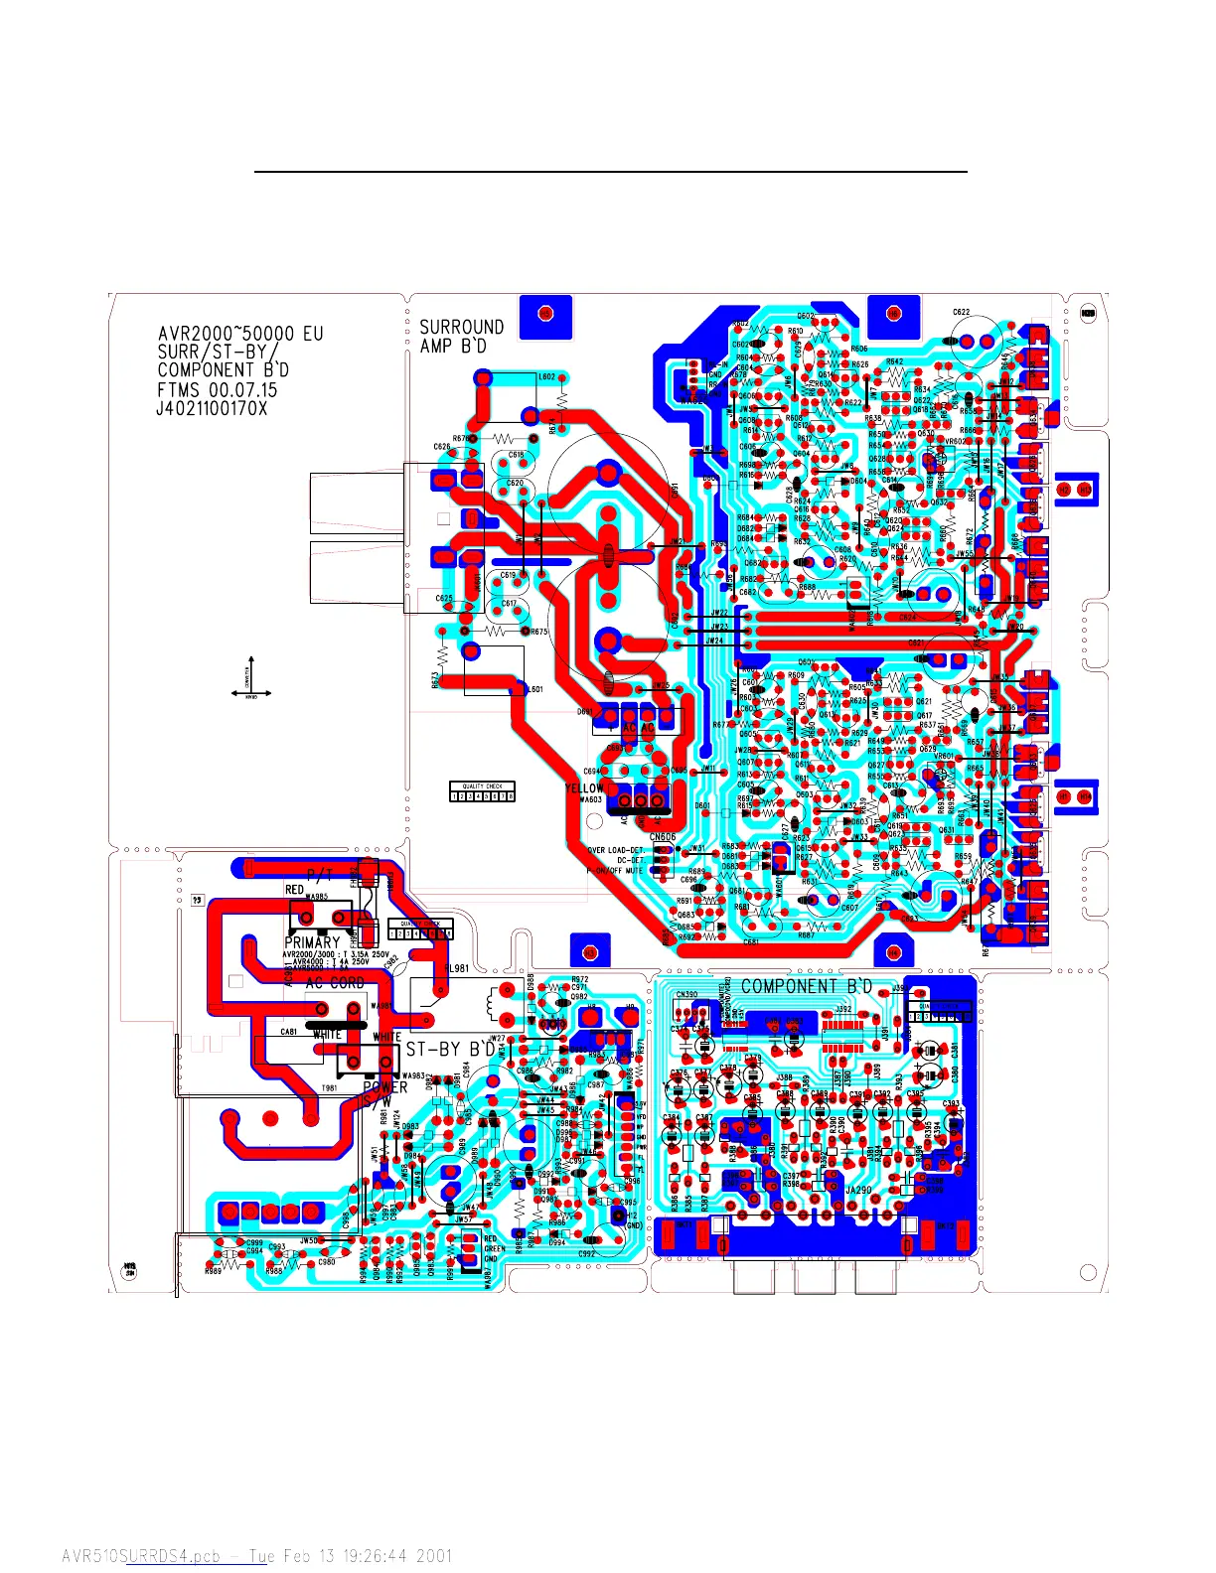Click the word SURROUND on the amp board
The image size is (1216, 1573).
tap(461, 327)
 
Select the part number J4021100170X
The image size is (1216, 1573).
tap(212, 408)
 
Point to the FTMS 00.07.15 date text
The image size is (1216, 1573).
tap(218, 389)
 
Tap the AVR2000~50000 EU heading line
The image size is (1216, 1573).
tap(240, 334)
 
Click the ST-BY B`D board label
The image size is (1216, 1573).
tap(450, 1049)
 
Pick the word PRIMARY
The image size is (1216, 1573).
tap(312, 942)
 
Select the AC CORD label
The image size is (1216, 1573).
tap(335, 982)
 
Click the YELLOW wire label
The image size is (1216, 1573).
tap(584, 788)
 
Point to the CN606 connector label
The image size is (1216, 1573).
tap(663, 837)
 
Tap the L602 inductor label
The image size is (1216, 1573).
tap(547, 377)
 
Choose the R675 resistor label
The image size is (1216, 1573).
tap(539, 632)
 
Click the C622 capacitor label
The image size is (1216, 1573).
tap(961, 313)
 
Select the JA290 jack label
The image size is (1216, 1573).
tap(858, 1190)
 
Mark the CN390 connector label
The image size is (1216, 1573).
tap(686, 994)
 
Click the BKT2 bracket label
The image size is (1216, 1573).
tap(1088, 314)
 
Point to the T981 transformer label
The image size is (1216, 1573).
tap(329, 1088)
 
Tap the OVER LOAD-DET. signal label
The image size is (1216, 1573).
tap(616, 851)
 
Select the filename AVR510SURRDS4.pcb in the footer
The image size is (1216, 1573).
tap(141, 1556)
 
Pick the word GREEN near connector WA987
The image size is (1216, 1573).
tap(495, 1249)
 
